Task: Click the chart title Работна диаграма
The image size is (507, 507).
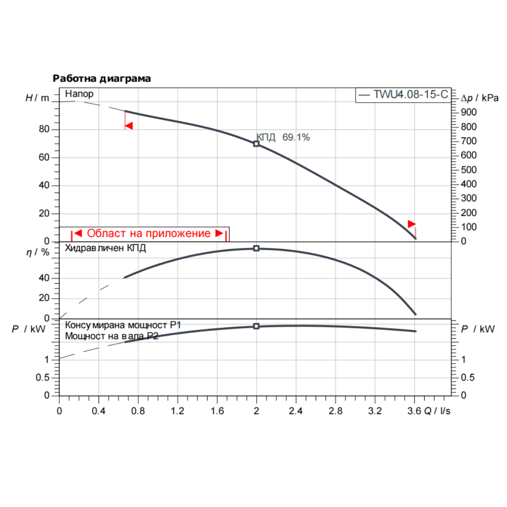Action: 102,78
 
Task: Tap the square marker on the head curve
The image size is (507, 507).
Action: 256,144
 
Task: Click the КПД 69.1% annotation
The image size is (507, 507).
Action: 283,137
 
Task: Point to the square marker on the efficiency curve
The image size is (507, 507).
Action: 256,248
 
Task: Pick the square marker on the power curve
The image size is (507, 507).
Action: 256,326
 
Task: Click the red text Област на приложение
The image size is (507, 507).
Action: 149,233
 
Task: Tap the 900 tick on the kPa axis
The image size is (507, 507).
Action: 469,112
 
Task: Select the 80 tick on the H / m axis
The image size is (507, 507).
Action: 44,129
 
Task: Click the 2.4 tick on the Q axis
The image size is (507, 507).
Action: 295,411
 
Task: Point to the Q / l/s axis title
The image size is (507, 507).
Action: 437,411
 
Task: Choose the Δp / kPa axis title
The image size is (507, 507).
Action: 480,98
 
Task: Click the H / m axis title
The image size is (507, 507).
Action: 37,98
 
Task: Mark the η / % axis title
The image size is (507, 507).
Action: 38,252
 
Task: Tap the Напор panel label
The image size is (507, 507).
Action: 79,94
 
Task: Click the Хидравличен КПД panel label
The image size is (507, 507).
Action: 105,248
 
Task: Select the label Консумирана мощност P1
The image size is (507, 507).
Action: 123,325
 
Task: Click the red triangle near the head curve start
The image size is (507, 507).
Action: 129,126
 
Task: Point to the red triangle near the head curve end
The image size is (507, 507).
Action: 412,224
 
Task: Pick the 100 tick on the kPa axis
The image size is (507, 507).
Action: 469,227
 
